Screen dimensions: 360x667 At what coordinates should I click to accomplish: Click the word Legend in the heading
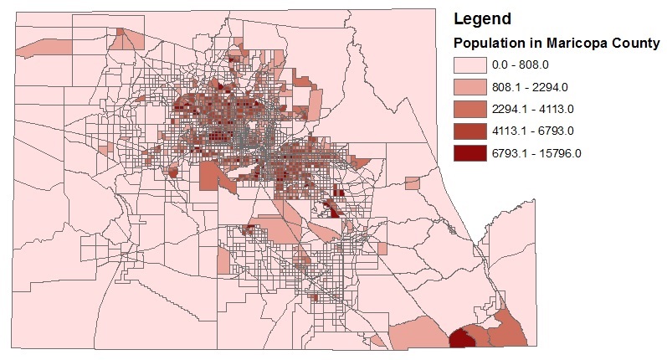click(480, 17)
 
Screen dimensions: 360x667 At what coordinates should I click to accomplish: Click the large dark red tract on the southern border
click(460, 338)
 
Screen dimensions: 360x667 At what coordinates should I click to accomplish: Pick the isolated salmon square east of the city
click(412, 183)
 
